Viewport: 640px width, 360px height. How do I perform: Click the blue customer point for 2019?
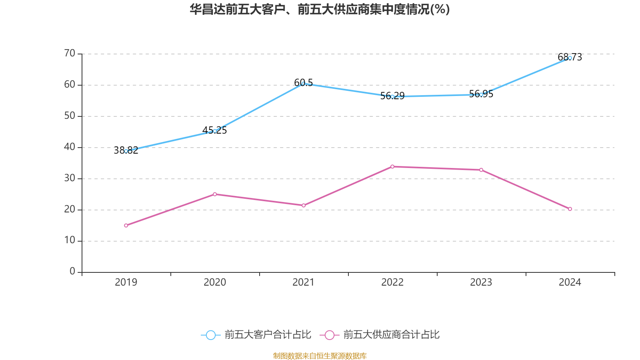pos(126,151)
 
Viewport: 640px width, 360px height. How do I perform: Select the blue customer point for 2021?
pos(303,84)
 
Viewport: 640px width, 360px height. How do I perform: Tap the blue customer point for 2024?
pos(570,58)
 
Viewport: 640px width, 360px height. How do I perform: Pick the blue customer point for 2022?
pos(392,97)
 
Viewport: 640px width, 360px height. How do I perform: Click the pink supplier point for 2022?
pos(392,166)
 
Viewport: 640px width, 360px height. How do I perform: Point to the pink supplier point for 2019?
pos(126,226)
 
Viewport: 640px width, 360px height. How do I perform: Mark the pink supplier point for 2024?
pos(570,209)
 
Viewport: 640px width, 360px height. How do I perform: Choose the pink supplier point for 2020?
pos(215,194)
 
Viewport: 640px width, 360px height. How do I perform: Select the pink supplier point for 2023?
pos(481,170)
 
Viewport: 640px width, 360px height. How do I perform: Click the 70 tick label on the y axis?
pos(70,53)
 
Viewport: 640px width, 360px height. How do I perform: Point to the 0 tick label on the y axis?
pos(72,272)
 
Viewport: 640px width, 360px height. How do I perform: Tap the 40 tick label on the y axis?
pos(70,147)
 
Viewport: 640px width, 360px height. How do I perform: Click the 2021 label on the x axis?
pos(303,282)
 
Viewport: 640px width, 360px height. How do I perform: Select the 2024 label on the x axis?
pos(570,282)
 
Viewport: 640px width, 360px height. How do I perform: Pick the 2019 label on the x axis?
pos(126,282)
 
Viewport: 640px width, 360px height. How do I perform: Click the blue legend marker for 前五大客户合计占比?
pos(210,335)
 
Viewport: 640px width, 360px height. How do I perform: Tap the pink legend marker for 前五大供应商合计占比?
pos(329,335)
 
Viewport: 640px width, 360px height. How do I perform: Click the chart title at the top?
pos(320,9)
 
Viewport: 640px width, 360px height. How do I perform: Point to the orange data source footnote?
pos(320,356)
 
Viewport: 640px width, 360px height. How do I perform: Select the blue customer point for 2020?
pos(215,131)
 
